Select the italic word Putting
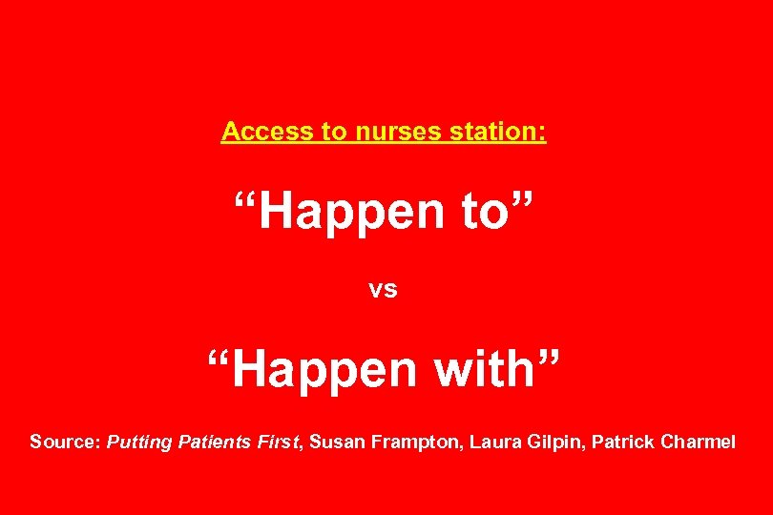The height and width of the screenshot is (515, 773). [x=139, y=443]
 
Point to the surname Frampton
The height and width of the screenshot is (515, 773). [x=415, y=443]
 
